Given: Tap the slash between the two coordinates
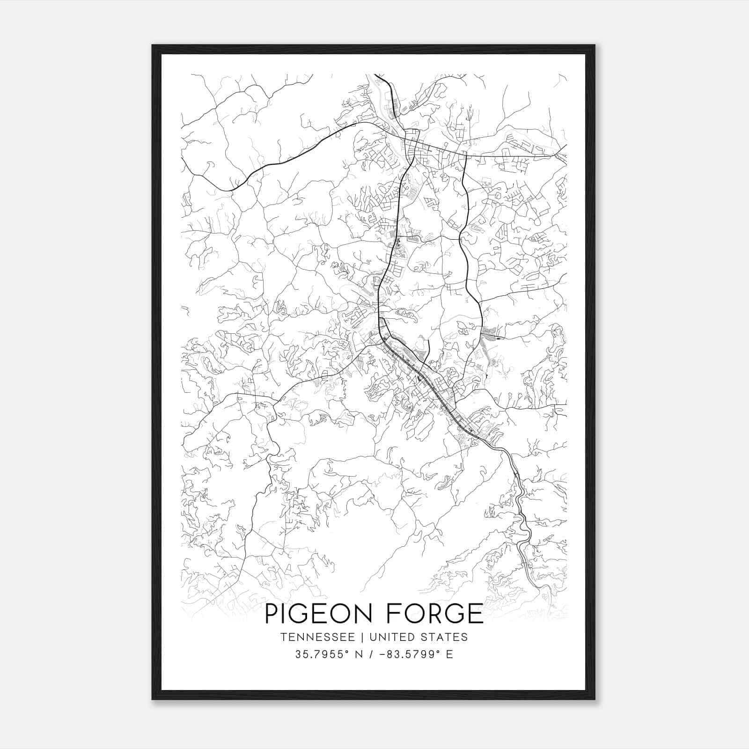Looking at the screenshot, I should [x=370, y=654].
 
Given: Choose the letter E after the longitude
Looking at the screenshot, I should [x=449, y=654].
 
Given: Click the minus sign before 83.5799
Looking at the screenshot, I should [x=382, y=654].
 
